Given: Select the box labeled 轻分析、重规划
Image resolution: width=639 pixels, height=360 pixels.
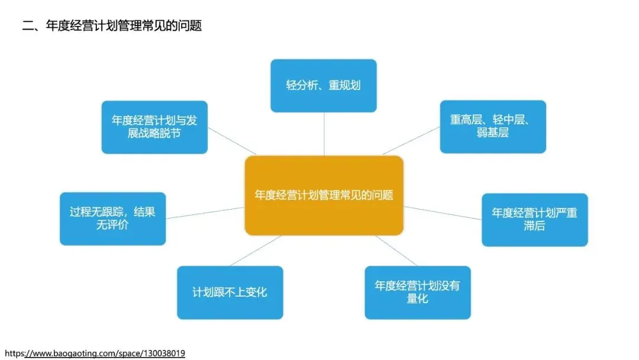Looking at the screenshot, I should click(x=324, y=85).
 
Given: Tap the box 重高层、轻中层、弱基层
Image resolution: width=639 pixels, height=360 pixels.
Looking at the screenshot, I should click(x=493, y=127).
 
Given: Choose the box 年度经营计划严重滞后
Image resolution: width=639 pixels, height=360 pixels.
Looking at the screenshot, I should click(x=534, y=220).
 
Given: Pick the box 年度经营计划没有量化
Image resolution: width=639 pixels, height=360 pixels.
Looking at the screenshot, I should click(x=417, y=292).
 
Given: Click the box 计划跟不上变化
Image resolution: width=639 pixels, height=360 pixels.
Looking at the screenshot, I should click(x=230, y=292).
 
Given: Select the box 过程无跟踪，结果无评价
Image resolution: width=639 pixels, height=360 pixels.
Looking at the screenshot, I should click(x=112, y=218).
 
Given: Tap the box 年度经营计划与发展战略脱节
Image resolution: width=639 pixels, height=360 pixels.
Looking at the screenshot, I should click(x=154, y=127).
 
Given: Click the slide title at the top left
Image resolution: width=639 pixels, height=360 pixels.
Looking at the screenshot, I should click(x=112, y=25).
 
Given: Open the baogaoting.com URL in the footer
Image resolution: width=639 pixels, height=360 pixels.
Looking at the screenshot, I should click(x=95, y=353).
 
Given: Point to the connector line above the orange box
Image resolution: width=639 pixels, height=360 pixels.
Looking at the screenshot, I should click(x=324, y=134).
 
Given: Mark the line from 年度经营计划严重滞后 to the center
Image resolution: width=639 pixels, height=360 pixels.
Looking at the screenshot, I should click(x=443, y=213).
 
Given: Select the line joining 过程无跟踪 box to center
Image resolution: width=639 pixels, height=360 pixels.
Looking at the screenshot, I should click(x=205, y=213).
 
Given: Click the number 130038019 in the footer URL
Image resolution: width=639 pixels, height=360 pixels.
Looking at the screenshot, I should click(x=163, y=353).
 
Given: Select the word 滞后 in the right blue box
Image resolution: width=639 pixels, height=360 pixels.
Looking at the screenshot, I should click(x=534, y=226).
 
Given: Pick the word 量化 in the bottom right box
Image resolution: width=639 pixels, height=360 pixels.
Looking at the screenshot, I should click(x=417, y=299).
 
